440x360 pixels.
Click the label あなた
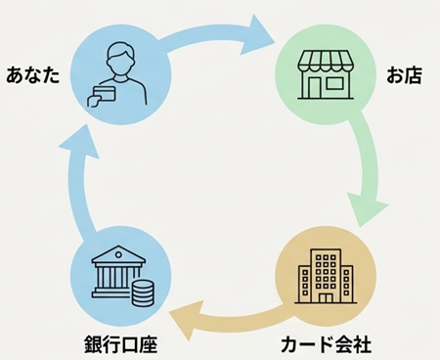pyautogui.click(x=34, y=74)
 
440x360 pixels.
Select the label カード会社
pyautogui.click(x=326, y=343)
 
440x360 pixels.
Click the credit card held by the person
pyautogui.click(x=101, y=94)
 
